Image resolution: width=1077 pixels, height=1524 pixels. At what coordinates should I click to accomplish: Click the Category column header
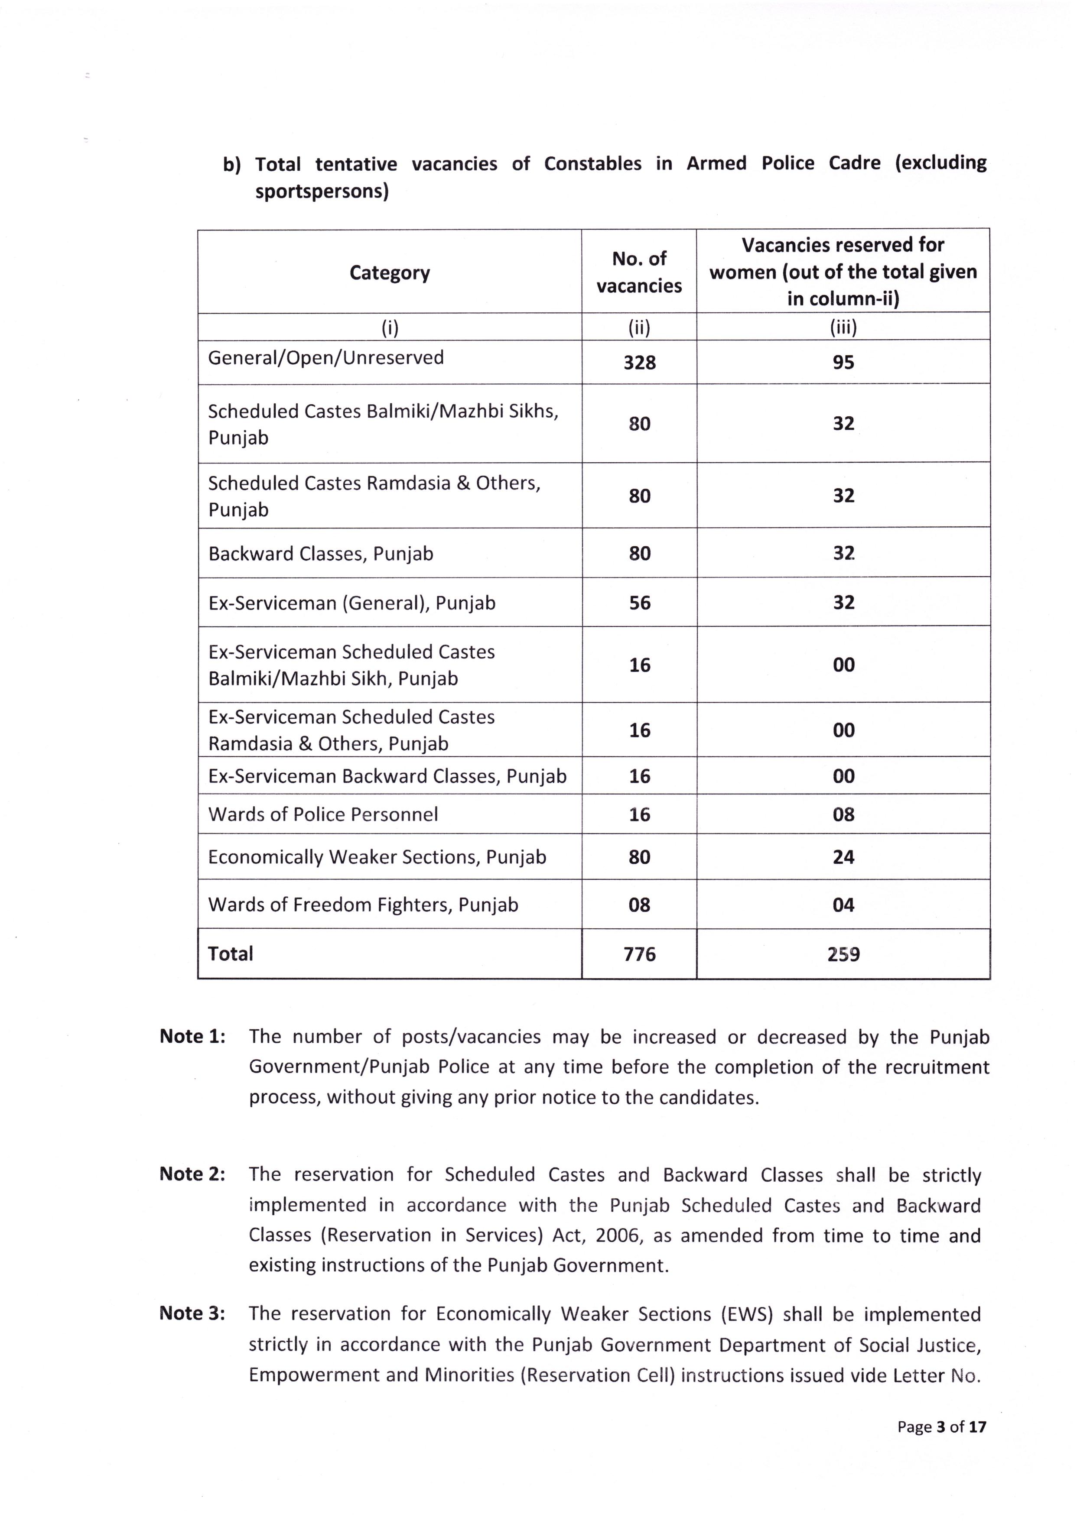tap(390, 273)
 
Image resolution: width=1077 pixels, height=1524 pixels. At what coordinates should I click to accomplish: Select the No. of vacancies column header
tap(639, 272)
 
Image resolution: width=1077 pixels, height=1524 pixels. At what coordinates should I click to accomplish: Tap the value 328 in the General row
tap(639, 363)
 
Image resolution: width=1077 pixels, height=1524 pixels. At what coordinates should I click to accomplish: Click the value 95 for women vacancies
tap(843, 363)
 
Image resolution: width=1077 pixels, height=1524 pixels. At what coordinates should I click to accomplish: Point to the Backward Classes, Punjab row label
tap(321, 554)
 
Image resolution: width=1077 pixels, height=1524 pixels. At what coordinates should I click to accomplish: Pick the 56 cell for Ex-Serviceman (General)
tap(639, 603)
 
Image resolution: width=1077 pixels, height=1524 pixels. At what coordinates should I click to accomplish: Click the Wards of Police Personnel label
tap(323, 814)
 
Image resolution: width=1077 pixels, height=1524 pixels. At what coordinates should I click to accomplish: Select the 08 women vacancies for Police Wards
tap(843, 814)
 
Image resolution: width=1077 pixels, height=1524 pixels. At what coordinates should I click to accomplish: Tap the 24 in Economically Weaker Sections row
tap(843, 857)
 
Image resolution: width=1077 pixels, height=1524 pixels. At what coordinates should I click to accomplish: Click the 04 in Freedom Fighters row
tap(843, 905)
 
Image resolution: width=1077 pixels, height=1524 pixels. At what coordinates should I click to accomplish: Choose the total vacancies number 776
tap(639, 954)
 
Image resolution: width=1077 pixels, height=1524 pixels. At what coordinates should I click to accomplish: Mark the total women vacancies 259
tap(843, 954)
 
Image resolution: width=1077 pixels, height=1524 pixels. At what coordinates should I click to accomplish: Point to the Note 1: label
tap(192, 1037)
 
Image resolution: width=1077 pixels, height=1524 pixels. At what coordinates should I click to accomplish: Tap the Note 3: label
tap(192, 1313)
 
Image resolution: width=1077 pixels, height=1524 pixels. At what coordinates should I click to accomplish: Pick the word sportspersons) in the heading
tap(322, 192)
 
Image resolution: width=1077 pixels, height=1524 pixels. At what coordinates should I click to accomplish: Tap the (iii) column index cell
tap(843, 327)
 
